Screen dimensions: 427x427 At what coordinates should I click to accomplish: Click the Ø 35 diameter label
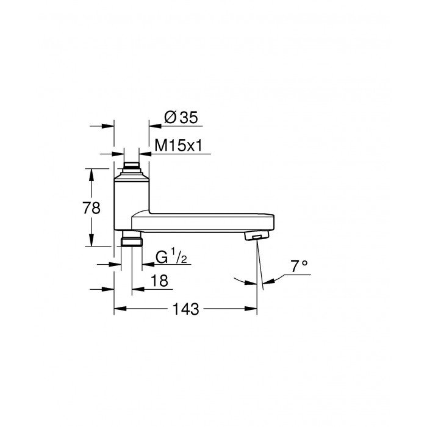point(181,118)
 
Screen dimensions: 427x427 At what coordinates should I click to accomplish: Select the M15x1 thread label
point(179,145)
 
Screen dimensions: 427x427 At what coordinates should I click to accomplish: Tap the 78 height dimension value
point(91,208)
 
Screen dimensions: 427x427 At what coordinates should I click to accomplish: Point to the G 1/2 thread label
point(171,257)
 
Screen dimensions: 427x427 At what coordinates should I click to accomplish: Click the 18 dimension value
point(159,281)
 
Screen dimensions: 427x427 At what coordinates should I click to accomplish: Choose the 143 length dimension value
point(185,309)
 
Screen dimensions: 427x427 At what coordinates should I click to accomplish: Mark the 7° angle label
point(299,266)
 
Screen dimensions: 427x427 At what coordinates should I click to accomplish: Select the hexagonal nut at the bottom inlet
point(132,242)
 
